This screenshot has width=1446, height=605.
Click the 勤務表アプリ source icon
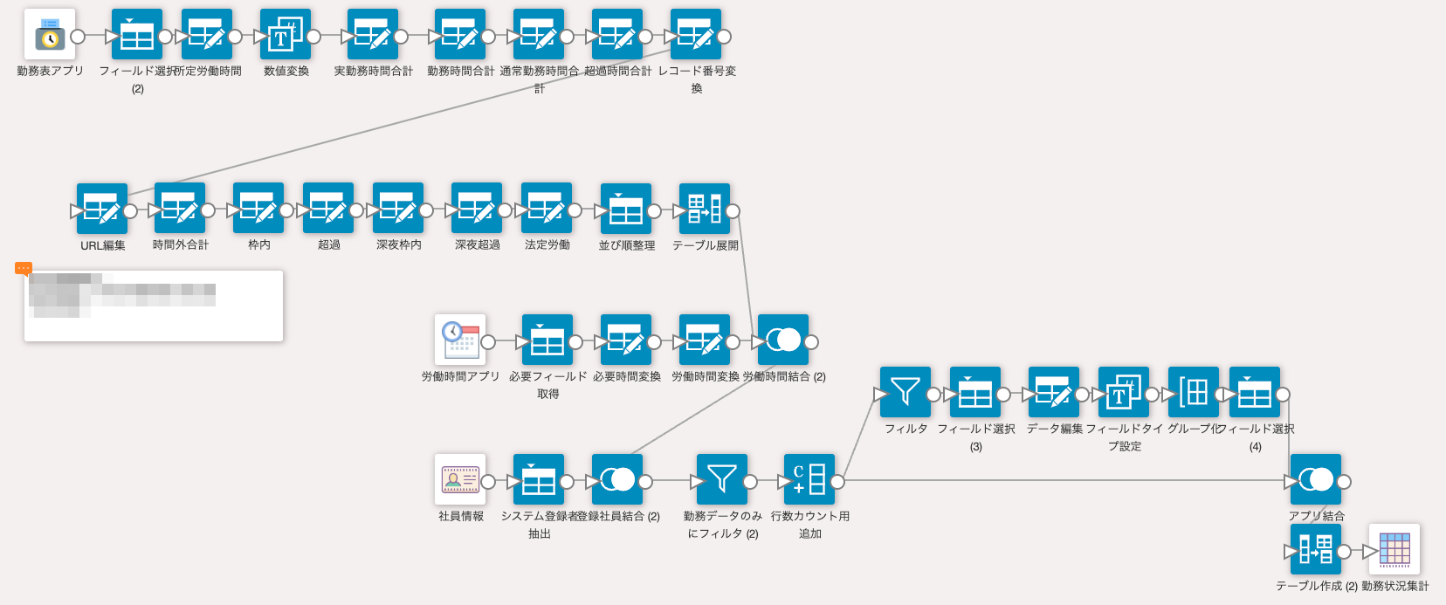[50, 35]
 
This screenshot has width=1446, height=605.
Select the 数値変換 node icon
[286, 35]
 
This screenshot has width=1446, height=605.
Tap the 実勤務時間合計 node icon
[373, 35]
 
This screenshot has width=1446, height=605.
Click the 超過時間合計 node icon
[617, 35]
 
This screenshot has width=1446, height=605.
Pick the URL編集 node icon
[102, 210]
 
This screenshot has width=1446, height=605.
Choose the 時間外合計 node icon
[180, 209]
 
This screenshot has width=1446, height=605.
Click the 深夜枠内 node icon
[398, 209]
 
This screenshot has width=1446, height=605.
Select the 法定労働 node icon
[547, 209]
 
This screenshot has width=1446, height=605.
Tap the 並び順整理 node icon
[626, 210]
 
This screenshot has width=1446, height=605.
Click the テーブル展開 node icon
[705, 210]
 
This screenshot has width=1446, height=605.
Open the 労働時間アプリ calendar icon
[460, 340]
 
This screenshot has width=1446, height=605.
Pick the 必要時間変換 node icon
[626, 340]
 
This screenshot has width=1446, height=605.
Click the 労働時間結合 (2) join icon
[783, 340]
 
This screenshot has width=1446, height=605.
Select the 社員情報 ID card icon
[460, 480]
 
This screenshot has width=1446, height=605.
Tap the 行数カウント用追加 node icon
[809, 480]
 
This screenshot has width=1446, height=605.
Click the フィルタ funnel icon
[905, 393]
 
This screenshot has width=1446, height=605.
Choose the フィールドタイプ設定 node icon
[1124, 393]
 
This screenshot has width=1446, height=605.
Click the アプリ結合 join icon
[1316, 480]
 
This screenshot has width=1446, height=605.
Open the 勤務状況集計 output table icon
[1394, 550]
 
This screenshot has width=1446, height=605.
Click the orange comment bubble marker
[24, 268]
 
